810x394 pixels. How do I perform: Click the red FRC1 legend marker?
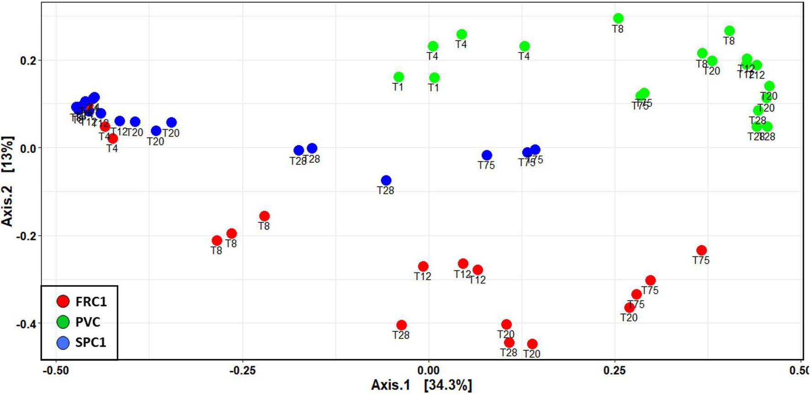[63, 301]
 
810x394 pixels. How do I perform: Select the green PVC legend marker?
[63, 322]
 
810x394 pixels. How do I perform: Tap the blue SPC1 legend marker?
[63, 342]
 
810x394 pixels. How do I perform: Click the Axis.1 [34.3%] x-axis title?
[421, 385]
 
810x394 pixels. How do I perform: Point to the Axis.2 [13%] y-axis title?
[8, 181]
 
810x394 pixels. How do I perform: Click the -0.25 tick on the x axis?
[242, 370]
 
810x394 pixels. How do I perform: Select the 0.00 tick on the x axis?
[428, 370]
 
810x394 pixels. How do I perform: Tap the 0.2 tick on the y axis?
[29, 61]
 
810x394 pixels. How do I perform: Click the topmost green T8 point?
[618, 18]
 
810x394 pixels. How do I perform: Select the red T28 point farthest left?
[401, 325]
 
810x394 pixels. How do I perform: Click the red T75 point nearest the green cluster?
[701, 250]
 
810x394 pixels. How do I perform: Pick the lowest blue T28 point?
[386, 180]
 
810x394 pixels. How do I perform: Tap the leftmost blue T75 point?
[487, 155]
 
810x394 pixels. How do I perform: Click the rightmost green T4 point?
[524, 46]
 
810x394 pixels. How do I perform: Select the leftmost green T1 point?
[399, 77]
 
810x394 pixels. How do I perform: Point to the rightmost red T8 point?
[264, 216]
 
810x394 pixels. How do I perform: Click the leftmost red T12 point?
[423, 266]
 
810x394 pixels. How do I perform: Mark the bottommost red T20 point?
[532, 344]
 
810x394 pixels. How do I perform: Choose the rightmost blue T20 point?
[171, 122]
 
